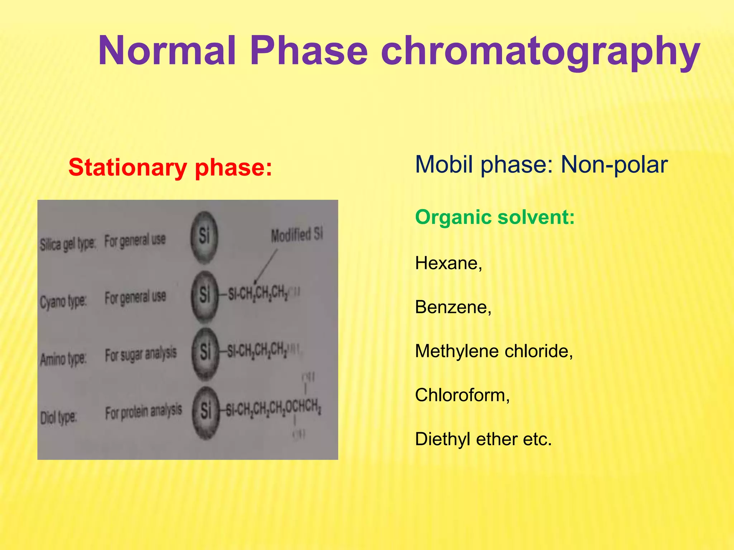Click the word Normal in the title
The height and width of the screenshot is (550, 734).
tap(167, 51)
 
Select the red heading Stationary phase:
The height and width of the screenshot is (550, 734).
tap(170, 167)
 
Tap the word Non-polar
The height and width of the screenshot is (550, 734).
tap(614, 165)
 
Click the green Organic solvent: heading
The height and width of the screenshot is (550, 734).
tap(495, 217)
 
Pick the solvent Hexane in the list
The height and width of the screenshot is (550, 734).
tap(448, 263)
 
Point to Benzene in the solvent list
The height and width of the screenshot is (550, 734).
tap(453, 307)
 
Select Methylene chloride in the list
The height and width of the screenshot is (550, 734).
tap(494, 351)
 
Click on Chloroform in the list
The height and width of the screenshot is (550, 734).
tap(462, 395)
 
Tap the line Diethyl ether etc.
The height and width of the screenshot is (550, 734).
tap(483, 439)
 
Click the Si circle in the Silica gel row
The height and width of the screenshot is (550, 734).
tap(204, 237)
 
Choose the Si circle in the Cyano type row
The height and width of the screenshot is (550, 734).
tap(204, 295)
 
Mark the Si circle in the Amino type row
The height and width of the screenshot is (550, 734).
tap(205, 353)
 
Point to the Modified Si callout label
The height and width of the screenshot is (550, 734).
tap(296, 235)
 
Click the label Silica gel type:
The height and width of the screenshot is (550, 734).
tap(67, 245)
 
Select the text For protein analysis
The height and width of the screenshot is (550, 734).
tap(143, 412)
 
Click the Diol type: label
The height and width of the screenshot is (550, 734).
tap(58, 418)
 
